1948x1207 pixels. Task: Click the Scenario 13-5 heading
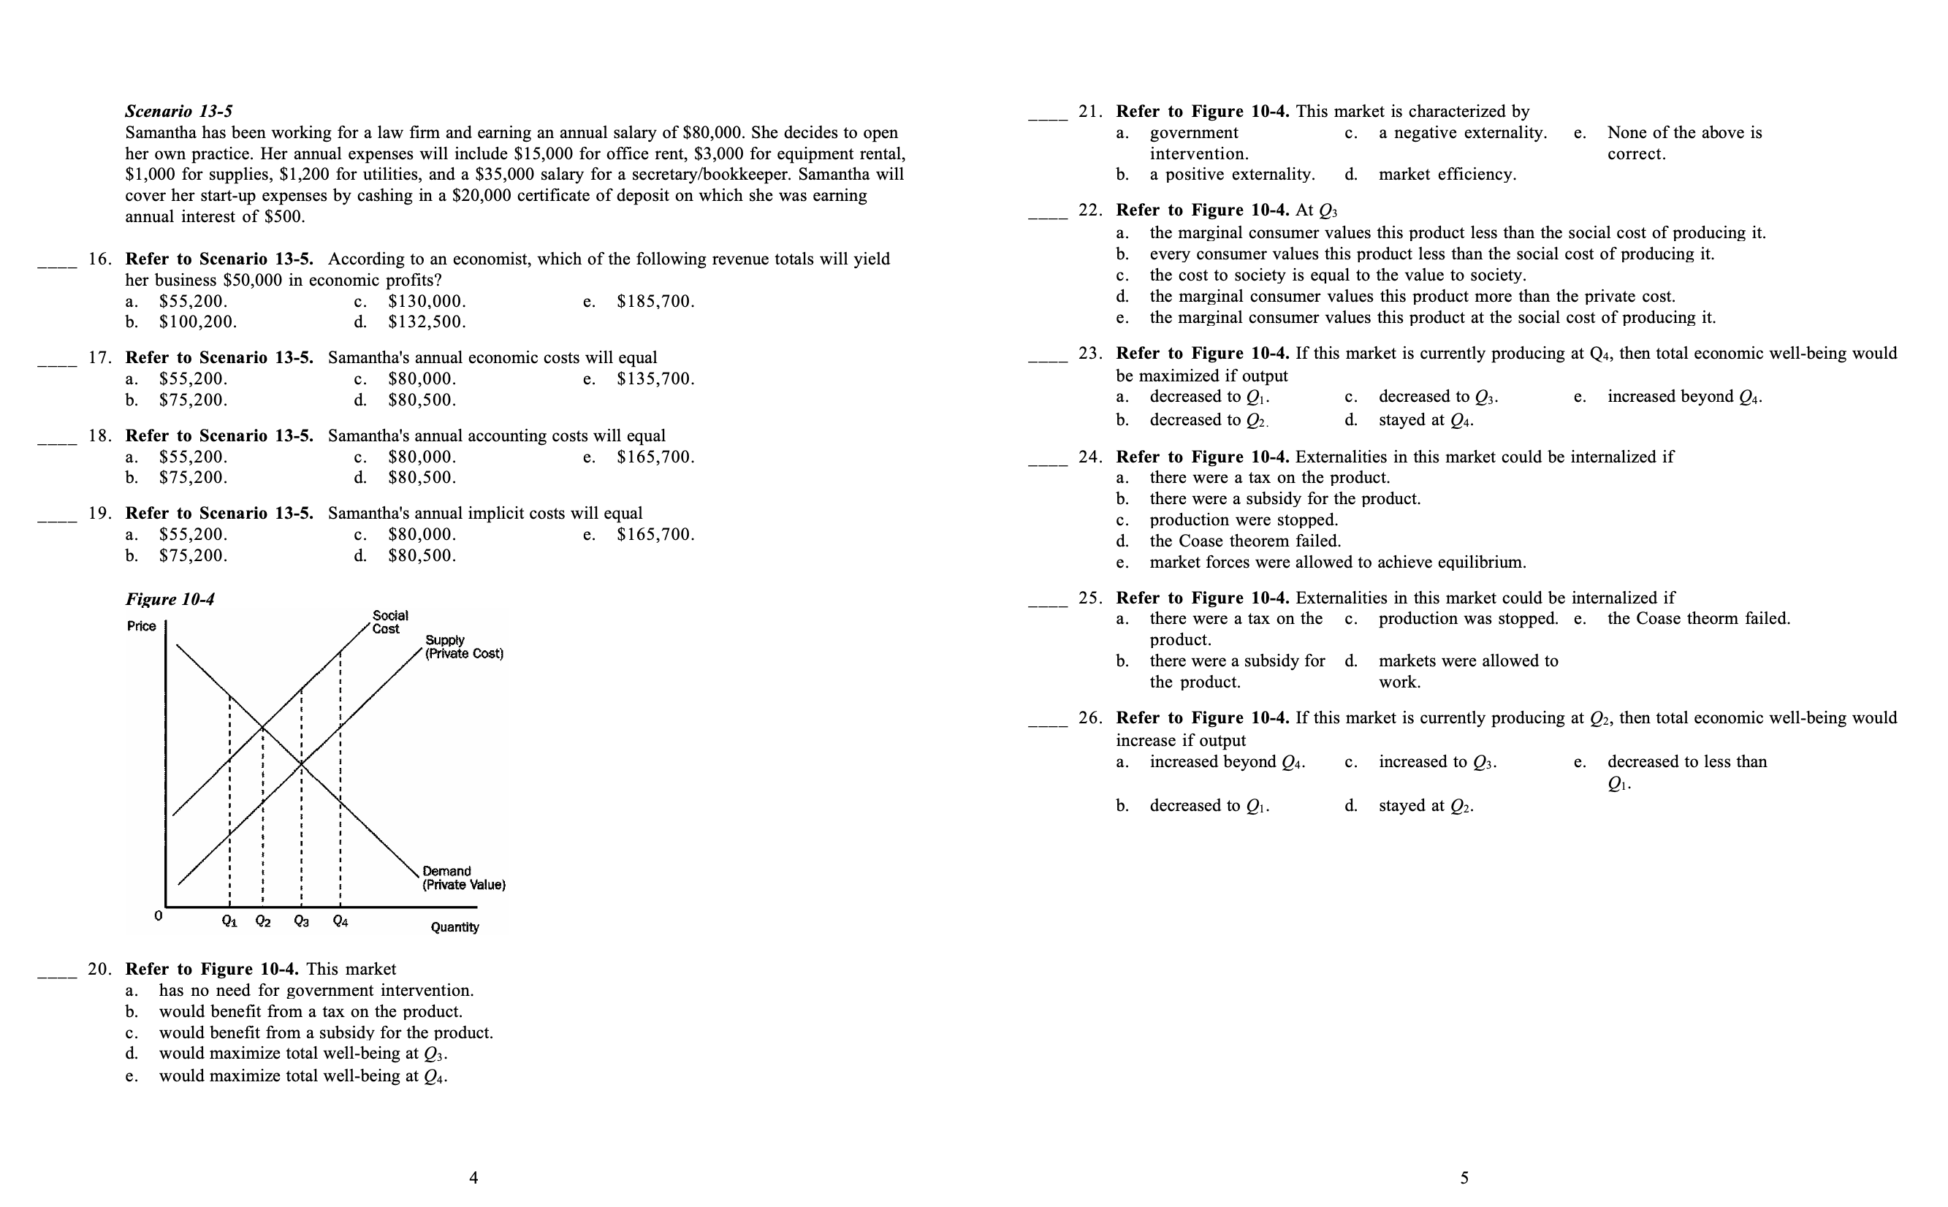(179, 111)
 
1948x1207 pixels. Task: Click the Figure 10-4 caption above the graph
(170, 598)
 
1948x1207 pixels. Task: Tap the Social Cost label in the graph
(389, 622)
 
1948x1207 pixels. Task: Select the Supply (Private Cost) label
(464, 647)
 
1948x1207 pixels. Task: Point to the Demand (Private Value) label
(463, 878)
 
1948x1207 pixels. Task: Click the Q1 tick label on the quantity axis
(229, 921)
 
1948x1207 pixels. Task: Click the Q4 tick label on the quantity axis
(340, 921)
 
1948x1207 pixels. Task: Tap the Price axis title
(141, 626)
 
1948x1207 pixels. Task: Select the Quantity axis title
(454, 926)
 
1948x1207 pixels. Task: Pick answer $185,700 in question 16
(655, 302)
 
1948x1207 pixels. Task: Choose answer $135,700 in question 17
(655, 379)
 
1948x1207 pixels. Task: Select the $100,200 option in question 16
(197, 321)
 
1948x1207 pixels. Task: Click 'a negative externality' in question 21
(1462, 132)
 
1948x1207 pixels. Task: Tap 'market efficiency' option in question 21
(1447, 174)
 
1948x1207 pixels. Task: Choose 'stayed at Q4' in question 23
(1425, 420)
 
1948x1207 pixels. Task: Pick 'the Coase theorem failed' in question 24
(1244, 541)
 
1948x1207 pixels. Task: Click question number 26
(1089, 717)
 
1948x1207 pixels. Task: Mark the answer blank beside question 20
(58, 975)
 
